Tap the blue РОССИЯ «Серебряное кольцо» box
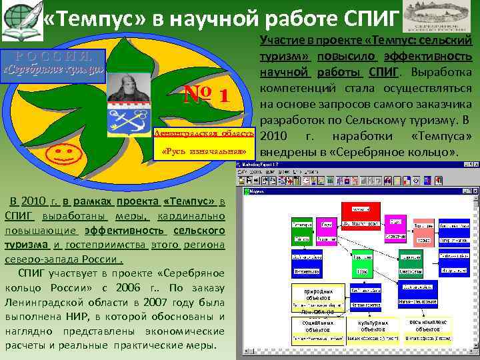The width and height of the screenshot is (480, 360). [x=53, y=63]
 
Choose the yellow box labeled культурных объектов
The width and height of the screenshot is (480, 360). [x=373, y=325]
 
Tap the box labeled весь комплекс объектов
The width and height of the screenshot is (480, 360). [x=428, y=325]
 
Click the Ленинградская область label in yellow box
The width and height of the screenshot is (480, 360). [x=204, y=134]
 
